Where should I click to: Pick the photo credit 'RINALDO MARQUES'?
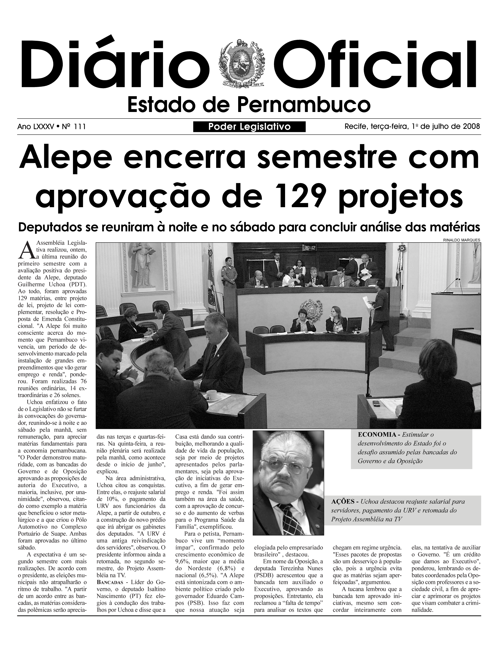462,240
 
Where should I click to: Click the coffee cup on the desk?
211,395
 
